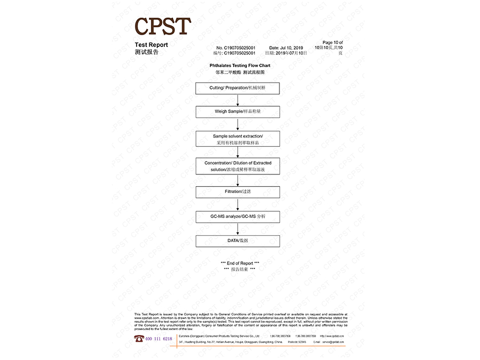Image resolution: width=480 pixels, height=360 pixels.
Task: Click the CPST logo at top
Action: click(162, 26)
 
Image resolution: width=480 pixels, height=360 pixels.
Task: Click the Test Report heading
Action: click(151, 45)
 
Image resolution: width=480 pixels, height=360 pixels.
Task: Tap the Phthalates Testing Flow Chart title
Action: click(239, 66)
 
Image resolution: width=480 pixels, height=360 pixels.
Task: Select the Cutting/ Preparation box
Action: click(237, 88)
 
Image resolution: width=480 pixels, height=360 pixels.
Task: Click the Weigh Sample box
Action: click(237, 112)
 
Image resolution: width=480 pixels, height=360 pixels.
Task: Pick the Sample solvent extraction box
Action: click(237, 139)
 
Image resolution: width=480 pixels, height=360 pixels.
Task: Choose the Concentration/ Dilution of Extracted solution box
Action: click(237, 166)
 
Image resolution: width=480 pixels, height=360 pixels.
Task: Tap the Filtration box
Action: click(237, 191)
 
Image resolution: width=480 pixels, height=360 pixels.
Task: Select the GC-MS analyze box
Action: click(237, 217)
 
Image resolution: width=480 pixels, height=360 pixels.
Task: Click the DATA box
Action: click(237, 241)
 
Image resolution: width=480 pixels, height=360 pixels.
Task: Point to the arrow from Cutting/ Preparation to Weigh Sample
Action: click(238, 100)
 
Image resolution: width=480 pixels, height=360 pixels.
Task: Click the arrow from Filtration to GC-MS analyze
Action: click(238, 204)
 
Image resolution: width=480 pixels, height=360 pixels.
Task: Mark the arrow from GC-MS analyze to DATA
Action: click(238, 229)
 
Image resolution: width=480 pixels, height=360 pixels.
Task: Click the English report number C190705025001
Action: click(236, 48)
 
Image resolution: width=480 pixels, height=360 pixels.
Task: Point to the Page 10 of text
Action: click(333, 43)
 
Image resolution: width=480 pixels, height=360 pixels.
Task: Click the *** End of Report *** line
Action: click(239, 263)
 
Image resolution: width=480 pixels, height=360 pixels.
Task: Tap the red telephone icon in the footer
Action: click(138, 339)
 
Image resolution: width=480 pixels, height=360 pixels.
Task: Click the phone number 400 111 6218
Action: click(159, 339)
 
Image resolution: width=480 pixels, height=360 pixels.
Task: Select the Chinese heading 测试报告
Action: click(147, 52)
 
